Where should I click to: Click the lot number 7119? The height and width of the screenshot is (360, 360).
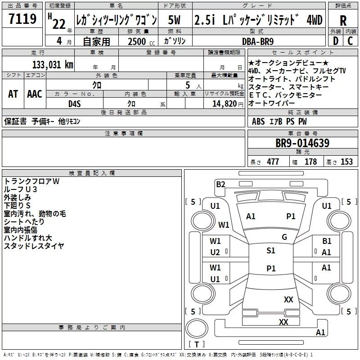coord(22,19)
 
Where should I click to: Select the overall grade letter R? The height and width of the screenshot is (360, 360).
coord(343,21)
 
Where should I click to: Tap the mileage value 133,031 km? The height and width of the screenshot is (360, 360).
coord(53,64)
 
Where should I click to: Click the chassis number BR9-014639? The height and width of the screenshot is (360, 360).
coord(302,143)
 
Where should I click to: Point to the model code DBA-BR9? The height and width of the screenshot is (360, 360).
coord(258,41)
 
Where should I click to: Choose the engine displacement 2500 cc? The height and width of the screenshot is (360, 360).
coord(141,41)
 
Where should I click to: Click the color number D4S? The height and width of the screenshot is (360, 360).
coord(75,104)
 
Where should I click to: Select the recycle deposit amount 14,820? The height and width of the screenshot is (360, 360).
coord(224,104)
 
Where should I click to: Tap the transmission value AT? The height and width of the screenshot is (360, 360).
coord(13,94)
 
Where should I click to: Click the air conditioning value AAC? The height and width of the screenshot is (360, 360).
coord(35,94)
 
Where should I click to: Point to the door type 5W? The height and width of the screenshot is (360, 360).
coord(174,20)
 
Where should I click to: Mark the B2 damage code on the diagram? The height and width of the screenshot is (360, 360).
coord(220,184)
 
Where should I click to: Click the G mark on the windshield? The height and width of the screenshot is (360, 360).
coord(284,237)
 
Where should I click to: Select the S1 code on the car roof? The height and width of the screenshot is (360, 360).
coord(271,251)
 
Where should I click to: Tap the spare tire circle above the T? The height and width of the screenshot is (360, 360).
coord(197,328)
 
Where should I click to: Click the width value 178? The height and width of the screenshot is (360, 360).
coord(310,162)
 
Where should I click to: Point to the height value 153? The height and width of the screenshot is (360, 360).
coord(346,162)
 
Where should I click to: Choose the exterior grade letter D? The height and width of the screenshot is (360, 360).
coord(336,41)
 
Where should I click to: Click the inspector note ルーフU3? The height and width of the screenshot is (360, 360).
coord(20,189)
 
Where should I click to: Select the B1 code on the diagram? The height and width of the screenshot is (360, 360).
coord(327,241)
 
